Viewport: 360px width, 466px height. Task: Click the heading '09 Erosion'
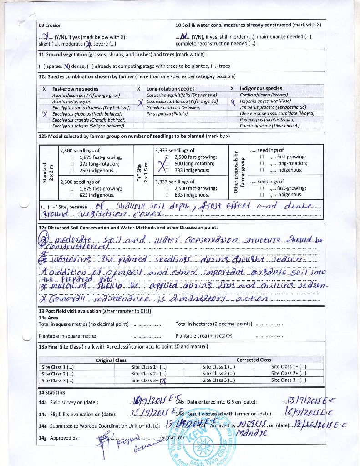[50, 25]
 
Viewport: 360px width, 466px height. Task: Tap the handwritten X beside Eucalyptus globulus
[45, 114]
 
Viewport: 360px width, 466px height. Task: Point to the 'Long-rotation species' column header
[170, 89]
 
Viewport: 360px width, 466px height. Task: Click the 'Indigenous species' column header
[260, 88]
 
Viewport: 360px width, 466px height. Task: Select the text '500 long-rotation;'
[194, 164]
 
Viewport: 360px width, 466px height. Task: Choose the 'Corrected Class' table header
[254, 360]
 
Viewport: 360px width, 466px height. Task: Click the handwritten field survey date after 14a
[148, 401]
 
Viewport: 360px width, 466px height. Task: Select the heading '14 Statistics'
[51, 392]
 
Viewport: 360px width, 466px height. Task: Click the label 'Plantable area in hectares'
[203, 336]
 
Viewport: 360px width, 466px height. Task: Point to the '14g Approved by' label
[58, 438]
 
